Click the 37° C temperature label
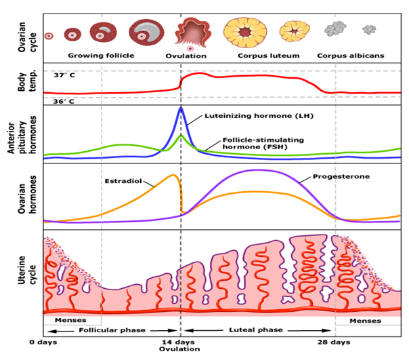64,75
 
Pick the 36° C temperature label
64,101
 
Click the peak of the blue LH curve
181,108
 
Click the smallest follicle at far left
49,35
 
